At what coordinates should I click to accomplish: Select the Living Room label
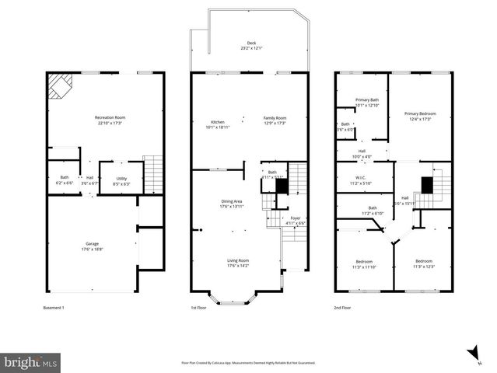tap(237, 263)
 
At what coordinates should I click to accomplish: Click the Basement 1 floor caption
tap(54, 309)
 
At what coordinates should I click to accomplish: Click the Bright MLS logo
tap(30, 361)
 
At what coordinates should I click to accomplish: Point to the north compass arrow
tap(473, 354)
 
